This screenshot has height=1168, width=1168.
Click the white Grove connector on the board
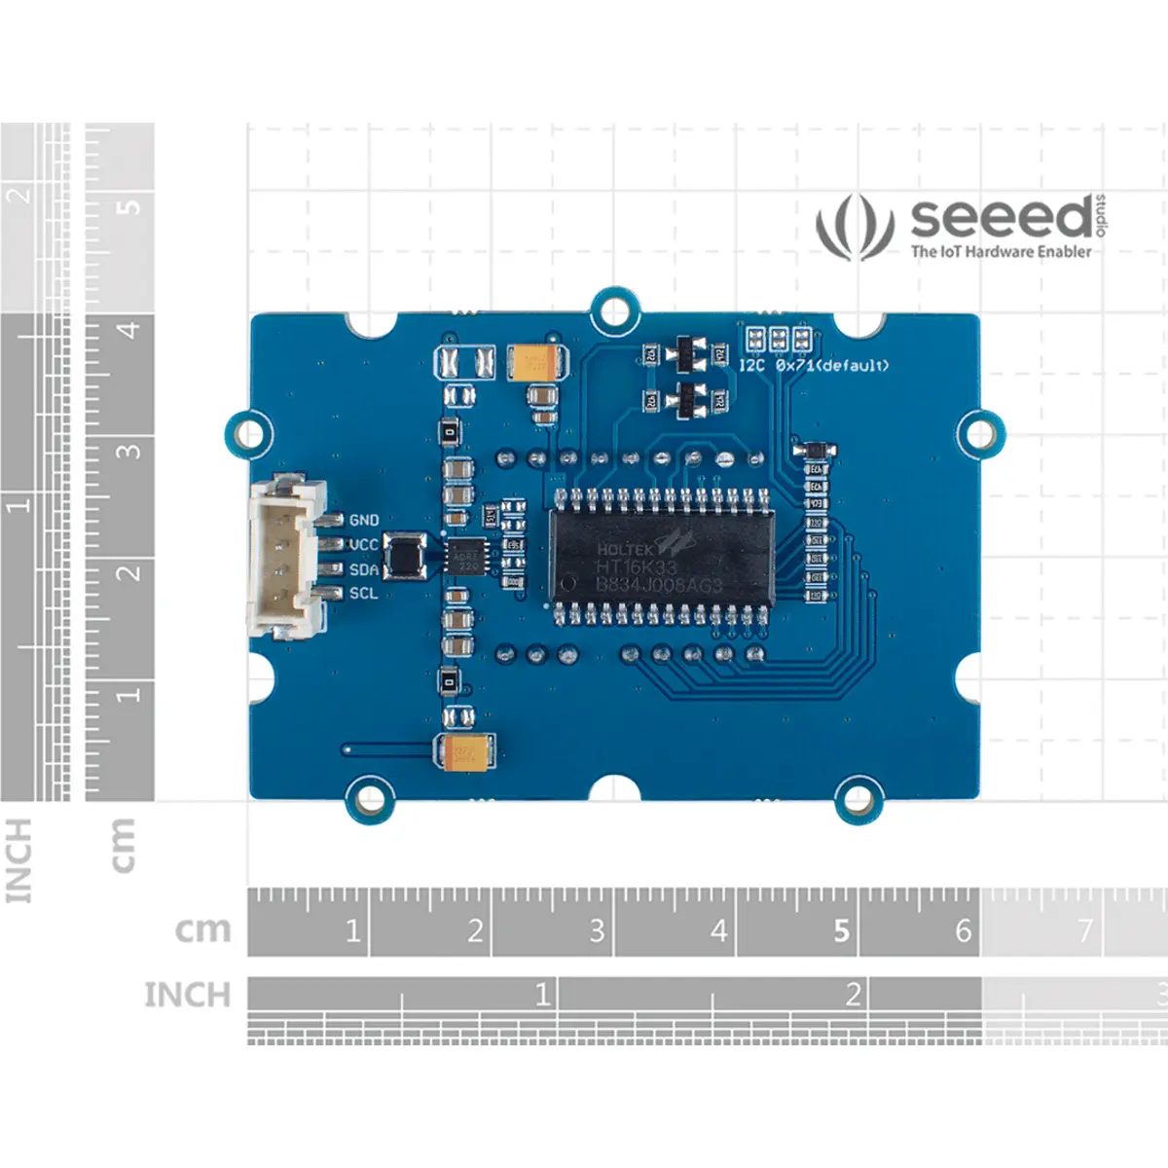[x=285, y=557]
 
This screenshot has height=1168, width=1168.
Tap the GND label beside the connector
[x=364, y=521]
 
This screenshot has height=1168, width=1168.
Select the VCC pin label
[x=363, y=545]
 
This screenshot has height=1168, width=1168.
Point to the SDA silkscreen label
[x=363, y=569]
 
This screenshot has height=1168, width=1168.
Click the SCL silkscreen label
[x=363, y=594]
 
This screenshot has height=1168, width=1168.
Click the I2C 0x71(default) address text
[x=814, y=366]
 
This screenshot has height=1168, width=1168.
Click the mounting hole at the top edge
[x=614, y=310]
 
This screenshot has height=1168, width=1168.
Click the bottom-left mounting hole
[x=371, y=798]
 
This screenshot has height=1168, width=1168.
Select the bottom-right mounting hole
[x=858, y=798]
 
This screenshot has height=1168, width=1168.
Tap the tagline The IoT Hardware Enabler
[x=1001, y=251]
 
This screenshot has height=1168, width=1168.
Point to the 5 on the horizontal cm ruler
[x=841, y=931]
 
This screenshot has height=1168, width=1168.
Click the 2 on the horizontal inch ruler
[x=853, y=994]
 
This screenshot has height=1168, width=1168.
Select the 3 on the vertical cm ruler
[x=128, y=451]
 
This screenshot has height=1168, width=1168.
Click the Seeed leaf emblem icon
[x=855, y=227]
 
